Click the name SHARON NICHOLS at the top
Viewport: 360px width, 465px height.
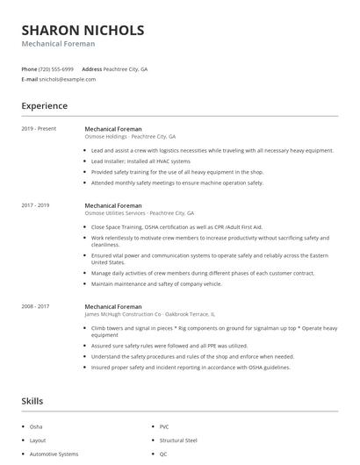pyautogui.click(x=83, y=30)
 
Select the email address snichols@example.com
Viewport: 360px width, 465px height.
pyautogui.click(x=67, y=79)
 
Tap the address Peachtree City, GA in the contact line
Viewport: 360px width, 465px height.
pyautogui.click(x=126, y=68)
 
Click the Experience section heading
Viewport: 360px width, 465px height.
pyautogui.click(x=44, y=106)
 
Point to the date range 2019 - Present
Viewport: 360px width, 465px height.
pyautogui.click(x=39, y=129)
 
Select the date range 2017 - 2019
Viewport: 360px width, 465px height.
pyautogui.click(x=35, y=205)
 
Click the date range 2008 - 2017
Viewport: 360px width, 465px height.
pyautogui.click(x=35, y=306)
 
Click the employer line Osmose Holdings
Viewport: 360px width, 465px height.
pyautogui.click(x=130, y=137)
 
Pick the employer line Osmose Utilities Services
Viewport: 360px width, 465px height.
pyautogui.click(x=139, y=213)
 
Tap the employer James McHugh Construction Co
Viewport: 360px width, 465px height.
pyautogui.click(x=149, y=314)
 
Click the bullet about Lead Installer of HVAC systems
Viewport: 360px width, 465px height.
pyautogui.click(x=140, y=161)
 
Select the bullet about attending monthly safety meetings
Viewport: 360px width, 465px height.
pyautogui.click(x=176, y=182)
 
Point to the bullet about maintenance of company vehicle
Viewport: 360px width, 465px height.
pyautogui.click(x=156, y=284)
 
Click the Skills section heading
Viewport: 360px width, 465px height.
pyautogui.click(x=32, y=401)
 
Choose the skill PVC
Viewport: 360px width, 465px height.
pyautogui.click(x=164, y=426)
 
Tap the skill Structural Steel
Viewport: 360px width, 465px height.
pyautogui.click(x=178, y=440)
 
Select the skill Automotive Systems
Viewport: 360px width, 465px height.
pyautogui.click(x=54, y=454)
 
